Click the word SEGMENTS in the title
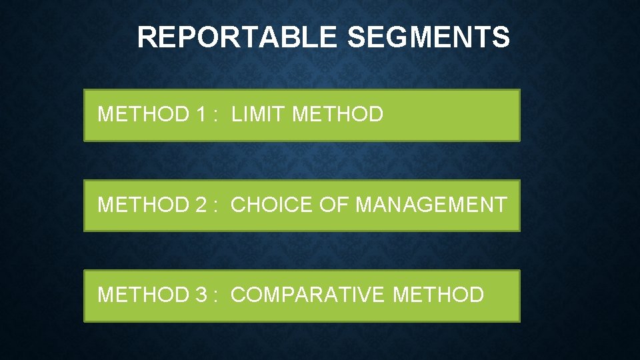(428, 38)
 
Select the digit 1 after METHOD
(201, 114)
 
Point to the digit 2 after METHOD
(201, 205)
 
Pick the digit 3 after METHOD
(201, 294)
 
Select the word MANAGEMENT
(431, 205)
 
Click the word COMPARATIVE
(309, 294)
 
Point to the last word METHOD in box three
(439, 294)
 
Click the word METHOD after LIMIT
(338, 114)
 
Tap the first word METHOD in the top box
(143, 114)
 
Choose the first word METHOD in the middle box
(143, 205)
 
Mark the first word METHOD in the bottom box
(143, 294)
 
